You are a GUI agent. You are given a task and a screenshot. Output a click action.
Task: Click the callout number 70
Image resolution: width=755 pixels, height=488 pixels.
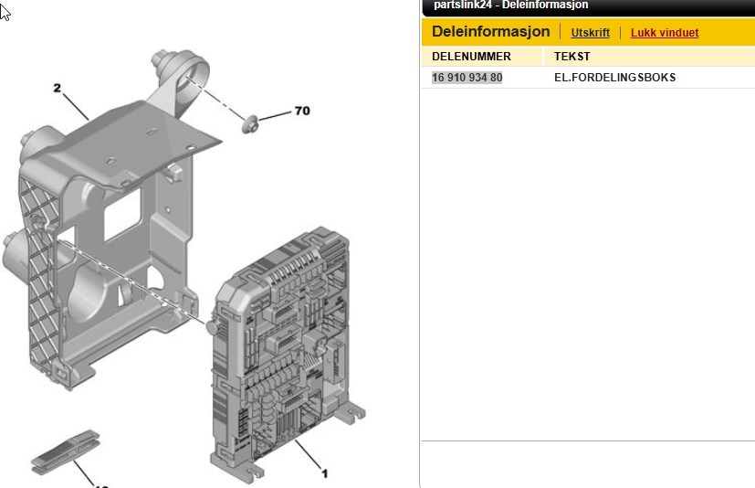pos(302,111)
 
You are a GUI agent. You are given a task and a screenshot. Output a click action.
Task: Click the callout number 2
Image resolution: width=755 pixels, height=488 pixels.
pos(58,88)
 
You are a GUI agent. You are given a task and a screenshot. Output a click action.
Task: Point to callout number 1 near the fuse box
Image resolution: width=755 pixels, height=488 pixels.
pos(324,473)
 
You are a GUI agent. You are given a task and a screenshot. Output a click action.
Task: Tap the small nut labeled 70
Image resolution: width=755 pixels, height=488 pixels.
pos(250,124)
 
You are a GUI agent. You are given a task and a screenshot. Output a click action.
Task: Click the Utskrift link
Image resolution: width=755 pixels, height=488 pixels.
pos(590,33)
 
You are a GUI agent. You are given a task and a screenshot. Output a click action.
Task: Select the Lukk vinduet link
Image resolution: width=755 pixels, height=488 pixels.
pos(665,33)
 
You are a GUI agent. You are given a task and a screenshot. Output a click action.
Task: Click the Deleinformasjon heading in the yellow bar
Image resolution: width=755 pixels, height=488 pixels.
pos(490,31)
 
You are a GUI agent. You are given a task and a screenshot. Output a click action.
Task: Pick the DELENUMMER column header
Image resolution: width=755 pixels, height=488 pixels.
pos(471,57)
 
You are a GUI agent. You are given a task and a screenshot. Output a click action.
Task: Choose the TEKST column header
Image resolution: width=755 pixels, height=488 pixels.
pos(572,57)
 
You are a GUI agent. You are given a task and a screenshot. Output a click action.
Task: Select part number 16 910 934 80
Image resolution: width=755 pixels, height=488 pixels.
pos(467,78)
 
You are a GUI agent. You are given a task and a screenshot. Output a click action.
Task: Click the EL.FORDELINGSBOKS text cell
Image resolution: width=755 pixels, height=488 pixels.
pos(615,78)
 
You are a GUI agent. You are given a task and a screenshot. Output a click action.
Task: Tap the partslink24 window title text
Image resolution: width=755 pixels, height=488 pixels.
pos(511,5)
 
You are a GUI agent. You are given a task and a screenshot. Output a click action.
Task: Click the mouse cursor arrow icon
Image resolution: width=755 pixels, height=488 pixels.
pos(5,12)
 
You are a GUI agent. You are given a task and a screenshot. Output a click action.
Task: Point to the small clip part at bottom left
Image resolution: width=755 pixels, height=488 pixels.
pos(66,451)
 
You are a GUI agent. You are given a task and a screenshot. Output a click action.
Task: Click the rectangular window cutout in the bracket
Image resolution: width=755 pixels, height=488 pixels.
pos(122,214)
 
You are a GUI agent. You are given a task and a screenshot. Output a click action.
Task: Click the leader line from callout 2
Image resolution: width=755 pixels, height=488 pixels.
pos(76,107)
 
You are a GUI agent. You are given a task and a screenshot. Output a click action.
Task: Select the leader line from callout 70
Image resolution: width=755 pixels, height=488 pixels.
pos(275,116)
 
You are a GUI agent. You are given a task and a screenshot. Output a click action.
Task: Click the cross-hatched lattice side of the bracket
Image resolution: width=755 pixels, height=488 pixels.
pos(40,280)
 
